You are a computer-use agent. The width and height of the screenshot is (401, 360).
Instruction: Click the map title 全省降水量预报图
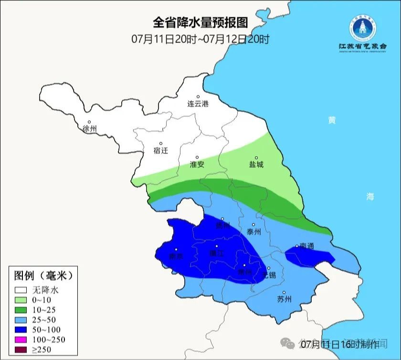(200, 22)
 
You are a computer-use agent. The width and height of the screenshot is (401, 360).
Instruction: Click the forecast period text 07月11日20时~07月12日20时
(200, 39)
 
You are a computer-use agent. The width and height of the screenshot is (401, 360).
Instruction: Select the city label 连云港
(198, 104)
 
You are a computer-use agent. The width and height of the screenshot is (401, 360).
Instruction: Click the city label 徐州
(89, 129)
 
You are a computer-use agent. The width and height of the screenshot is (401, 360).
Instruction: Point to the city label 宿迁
(161, 150)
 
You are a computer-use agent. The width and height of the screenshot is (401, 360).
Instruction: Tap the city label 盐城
(256, 164)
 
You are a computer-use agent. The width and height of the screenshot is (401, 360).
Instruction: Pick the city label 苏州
(284, 299)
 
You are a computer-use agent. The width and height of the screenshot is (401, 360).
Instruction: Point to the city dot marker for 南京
(176, 249)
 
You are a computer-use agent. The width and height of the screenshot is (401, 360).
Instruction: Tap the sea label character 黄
(331, 120)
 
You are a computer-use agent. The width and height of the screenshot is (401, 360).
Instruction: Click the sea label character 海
(370, 196)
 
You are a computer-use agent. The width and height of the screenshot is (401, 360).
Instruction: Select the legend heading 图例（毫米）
(43, 276)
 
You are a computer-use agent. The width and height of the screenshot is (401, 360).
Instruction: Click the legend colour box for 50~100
(21, 329)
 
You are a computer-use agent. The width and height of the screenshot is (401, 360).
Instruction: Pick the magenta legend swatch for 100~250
(21, 339)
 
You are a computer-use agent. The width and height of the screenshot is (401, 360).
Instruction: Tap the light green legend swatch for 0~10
(21, 299)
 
